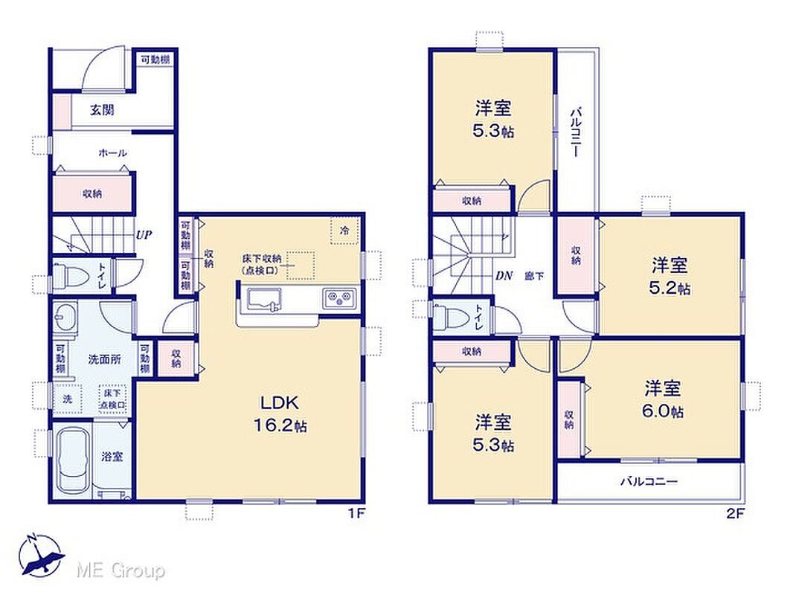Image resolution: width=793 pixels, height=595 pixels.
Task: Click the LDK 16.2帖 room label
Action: (x=280, y=414)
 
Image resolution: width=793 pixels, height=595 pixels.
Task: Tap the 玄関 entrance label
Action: (x=102, y=109)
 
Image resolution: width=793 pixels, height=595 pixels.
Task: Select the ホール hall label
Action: (x=112, y=152)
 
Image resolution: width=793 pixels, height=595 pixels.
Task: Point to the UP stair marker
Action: (x=143, y=234)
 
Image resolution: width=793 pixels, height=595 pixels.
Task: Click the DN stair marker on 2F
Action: (x=504, y=275)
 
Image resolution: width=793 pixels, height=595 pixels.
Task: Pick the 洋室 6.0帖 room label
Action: (x=663, y=399)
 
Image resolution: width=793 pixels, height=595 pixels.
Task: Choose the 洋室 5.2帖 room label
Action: (x=669, y=276)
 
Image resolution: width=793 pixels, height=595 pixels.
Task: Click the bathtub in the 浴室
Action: (x=73, y=460)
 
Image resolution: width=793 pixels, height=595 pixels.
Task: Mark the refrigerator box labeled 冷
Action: (x=345, y=231)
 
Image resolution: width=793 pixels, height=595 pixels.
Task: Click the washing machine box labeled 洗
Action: (x=67, y=399)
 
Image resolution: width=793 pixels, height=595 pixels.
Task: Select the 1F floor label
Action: (x=356, y=514)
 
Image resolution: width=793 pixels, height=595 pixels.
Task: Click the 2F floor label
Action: (x=736, y=514)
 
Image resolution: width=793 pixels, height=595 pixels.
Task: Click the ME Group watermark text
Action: (x=121, y=570)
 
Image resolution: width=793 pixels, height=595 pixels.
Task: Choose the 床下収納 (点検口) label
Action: (x=261, y=264)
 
